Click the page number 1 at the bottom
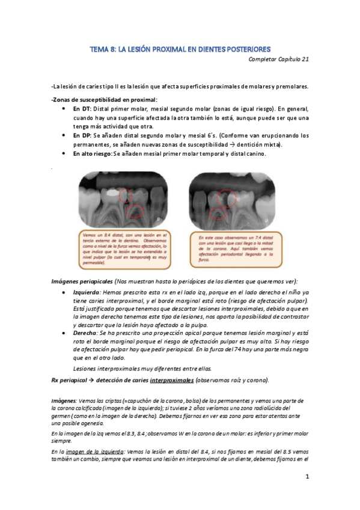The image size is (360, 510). [x=307, y=477]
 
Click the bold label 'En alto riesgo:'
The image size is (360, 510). [x=94, y=154]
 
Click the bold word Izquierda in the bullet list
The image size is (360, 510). [x=87, y=291]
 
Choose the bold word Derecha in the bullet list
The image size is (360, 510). [x=85, y=333]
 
